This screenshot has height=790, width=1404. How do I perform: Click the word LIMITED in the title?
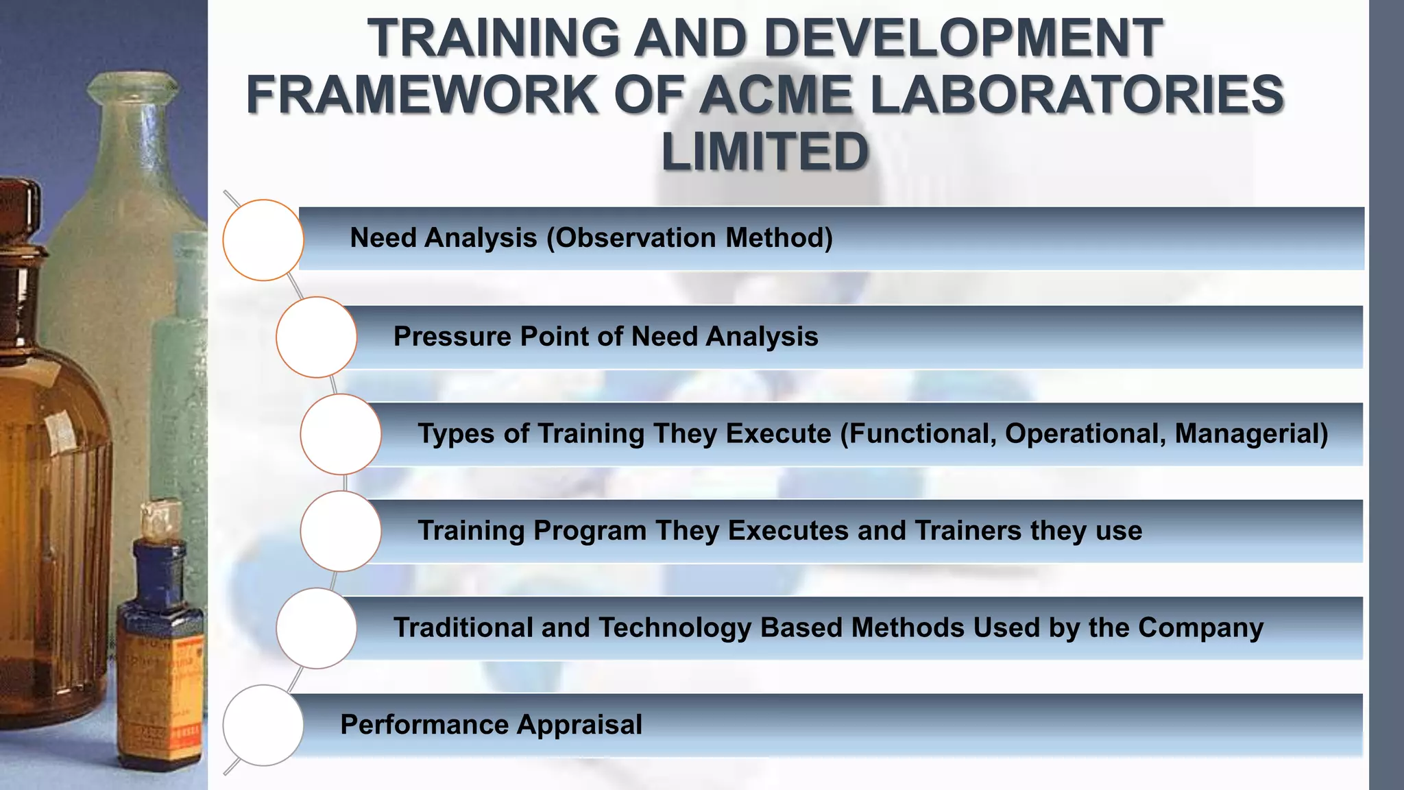tap(765, 152)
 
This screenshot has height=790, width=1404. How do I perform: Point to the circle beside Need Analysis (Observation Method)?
tap(263, 240)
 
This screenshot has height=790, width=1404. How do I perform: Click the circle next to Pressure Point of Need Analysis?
tap(317, 337)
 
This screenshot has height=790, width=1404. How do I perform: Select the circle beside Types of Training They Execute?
tap(341, 434)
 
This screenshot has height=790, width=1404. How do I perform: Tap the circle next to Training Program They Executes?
tap(341, 531)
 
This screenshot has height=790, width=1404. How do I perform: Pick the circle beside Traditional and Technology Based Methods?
tap(317, 628)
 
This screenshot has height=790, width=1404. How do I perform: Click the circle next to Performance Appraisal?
tap(263, 725)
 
